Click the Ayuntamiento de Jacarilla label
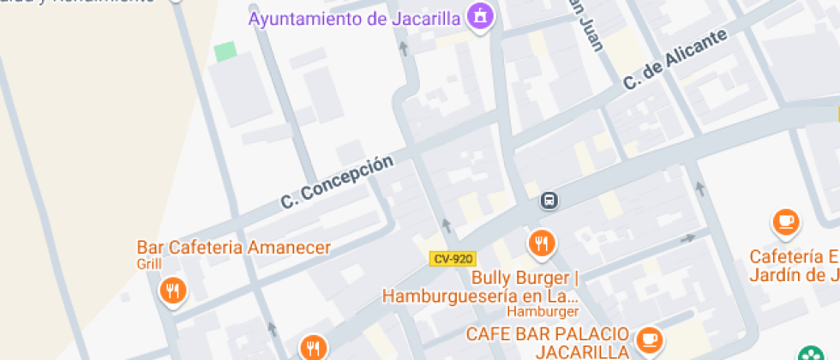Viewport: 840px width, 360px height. click(355, 19)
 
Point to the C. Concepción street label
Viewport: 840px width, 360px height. click(337, 182)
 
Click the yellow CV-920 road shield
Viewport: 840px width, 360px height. click(452, 258)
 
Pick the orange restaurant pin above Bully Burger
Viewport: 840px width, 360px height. click(541, 244)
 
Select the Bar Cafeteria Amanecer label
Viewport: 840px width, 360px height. click(233, 248)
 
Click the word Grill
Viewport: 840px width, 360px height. click(149, 264)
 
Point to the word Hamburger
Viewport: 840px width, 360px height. click(542, 312)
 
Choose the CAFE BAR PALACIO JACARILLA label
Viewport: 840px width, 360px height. click(549, 342)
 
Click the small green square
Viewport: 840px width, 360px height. click(225, 51)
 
